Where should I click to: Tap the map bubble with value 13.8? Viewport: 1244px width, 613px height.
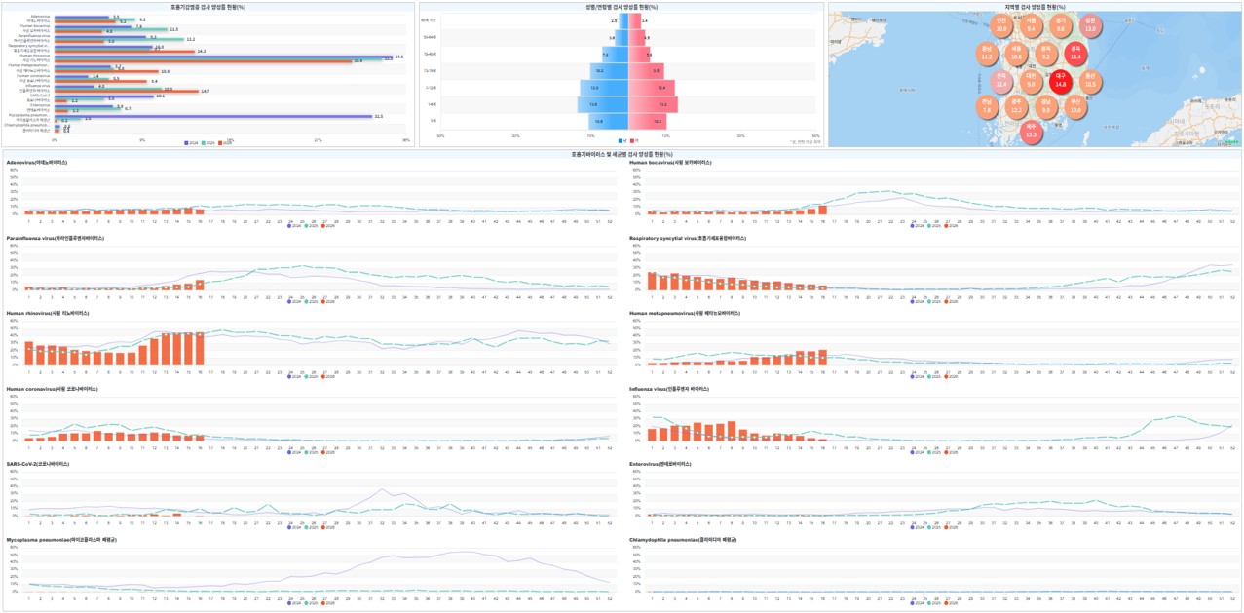1089,24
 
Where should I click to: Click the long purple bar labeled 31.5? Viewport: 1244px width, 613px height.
213,116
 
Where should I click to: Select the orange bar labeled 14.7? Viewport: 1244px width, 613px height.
126,91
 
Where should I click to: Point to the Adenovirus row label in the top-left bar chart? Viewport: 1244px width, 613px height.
41,16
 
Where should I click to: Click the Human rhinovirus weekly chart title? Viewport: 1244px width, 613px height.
48,313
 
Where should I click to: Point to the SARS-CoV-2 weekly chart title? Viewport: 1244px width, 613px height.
38,464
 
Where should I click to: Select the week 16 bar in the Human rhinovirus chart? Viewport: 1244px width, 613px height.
200,349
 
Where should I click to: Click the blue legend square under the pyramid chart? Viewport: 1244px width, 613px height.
620,141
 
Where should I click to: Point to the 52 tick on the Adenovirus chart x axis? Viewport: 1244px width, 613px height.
610,221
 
